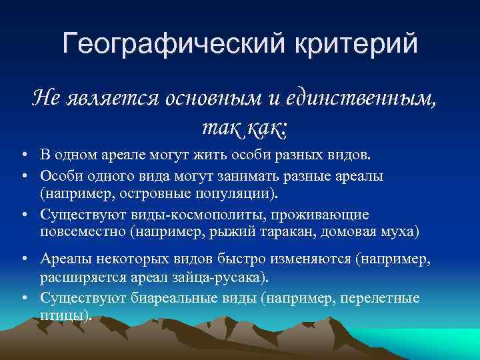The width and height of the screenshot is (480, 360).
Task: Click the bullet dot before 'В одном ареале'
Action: point(23,156)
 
